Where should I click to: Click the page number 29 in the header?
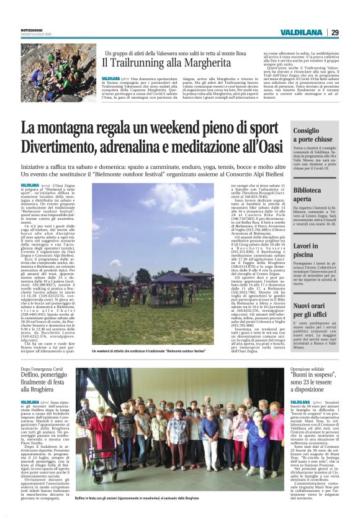point(335,32)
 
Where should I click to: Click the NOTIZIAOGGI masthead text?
point(34,29)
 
